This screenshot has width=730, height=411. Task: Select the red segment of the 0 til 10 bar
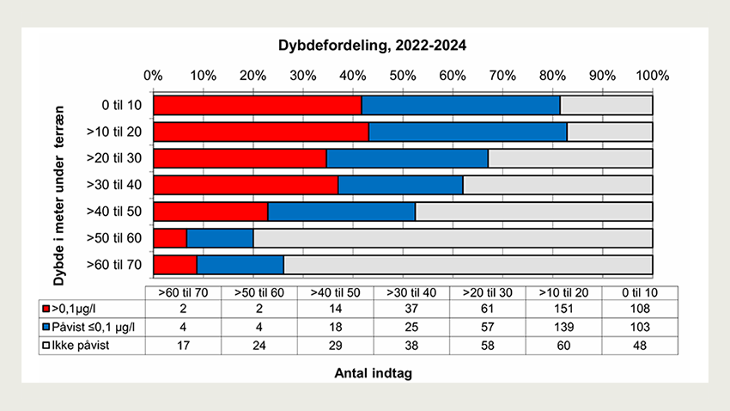[x=258, y=105]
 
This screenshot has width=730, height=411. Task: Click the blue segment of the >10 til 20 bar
[x=468, y=132]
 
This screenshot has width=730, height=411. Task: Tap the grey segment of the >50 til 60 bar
[x=453, y=237]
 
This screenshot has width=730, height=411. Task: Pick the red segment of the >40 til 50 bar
[x=210, y=212]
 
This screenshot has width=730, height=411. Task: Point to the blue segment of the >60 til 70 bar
[x=240, y=264]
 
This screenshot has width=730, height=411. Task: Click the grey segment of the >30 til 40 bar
[x=557, y=185]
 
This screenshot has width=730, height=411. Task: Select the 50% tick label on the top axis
[x=402, y=75]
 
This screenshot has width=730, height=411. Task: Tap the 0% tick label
[x=154, y=75]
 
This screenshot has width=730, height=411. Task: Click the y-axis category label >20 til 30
[x=120, y=158]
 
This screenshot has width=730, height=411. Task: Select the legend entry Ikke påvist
[x=82, y=345]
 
